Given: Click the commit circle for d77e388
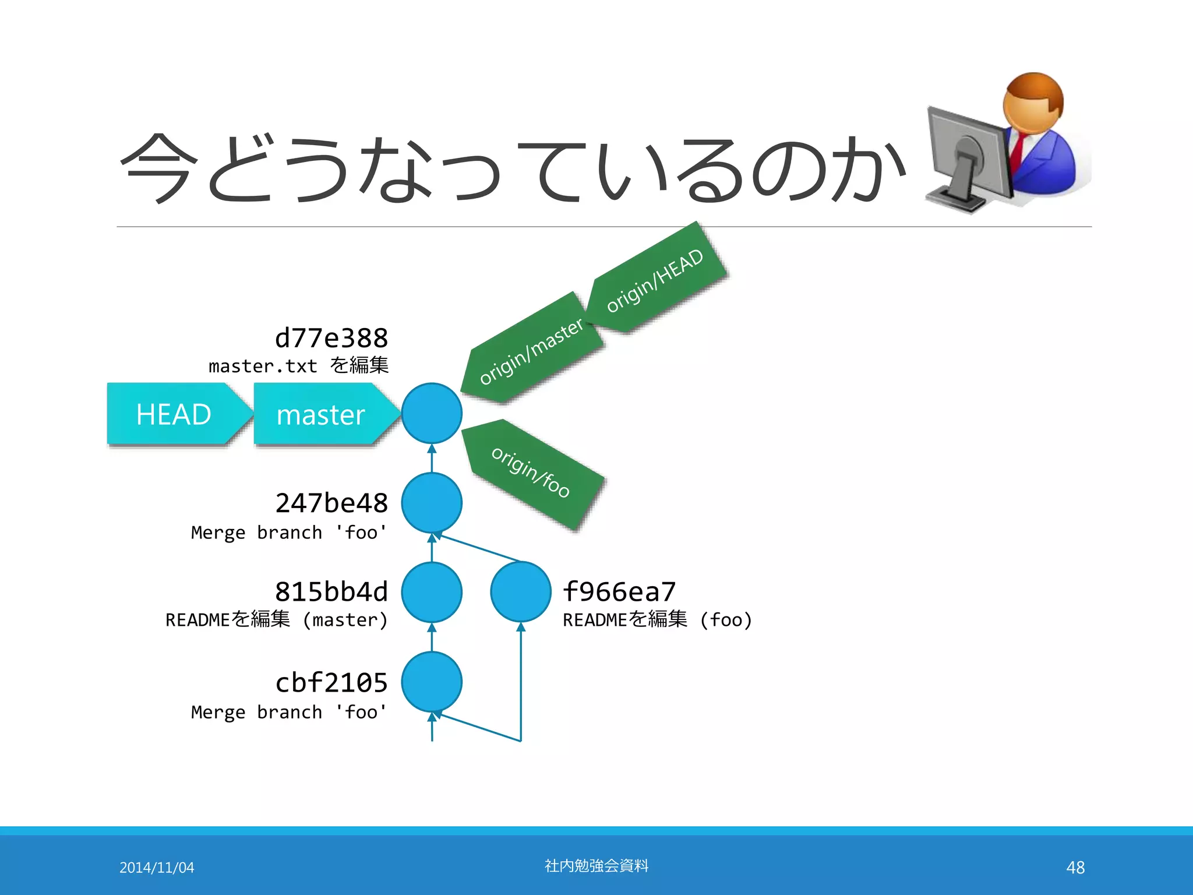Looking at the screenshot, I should [432, 413].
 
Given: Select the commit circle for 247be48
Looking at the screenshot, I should [432, 503].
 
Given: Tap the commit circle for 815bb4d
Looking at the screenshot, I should [432, 592].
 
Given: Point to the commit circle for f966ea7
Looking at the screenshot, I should [521, 592].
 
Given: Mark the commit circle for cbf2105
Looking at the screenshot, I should [432, 682].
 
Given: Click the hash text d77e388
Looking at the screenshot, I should [331, 338].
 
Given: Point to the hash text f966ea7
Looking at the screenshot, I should [619, 592].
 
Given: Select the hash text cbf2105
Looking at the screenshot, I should [331, 682].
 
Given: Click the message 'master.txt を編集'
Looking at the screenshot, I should [299, 366].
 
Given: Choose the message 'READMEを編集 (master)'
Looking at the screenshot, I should [277, 619].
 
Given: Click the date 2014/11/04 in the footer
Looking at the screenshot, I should [157, 868].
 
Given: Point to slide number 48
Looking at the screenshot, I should [1075, 868].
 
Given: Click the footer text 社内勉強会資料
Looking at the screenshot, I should [596, 866].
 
